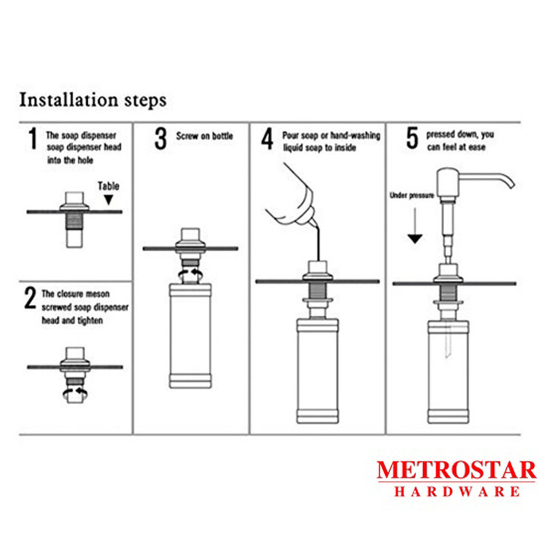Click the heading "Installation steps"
[93, 100]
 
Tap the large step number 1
[33, 138]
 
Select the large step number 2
[30, 298]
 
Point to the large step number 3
[161, 138]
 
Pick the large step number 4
[267, 138]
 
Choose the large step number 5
[412, 138]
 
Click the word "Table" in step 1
[108, 186]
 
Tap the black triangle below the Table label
[109, 200]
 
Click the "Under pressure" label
[412, 196]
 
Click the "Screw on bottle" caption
[204, 136]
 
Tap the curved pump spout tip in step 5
[511, 184]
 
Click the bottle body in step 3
[190, 336]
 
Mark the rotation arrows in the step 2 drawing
[75, 393]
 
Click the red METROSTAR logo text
[456, 470]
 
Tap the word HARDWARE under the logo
[457, 491]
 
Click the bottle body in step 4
[317, 371]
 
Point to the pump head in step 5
[448, 183]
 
